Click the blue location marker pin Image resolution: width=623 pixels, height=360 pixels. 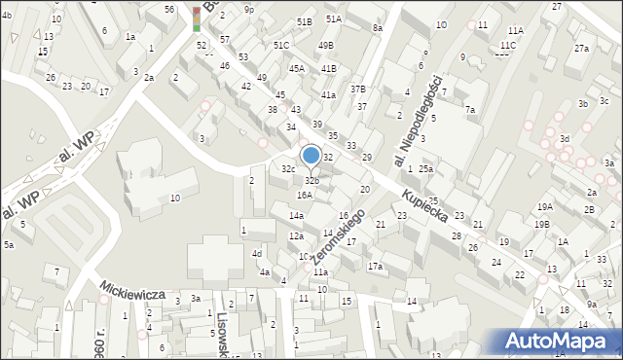(311, 157)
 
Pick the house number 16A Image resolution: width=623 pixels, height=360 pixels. (305, 195)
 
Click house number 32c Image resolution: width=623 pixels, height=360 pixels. (288, 169)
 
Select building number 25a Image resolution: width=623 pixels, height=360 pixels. (425, 169)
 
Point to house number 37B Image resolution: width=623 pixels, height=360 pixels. (358, 89)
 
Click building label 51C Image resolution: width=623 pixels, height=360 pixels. (281, 46)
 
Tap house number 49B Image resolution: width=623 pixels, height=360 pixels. (326, 45)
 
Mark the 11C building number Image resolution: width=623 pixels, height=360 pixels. (507, 46)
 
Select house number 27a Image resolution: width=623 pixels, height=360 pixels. (581, 49)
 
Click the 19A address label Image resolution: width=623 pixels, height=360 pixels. (544, 206)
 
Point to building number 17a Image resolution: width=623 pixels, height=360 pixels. (375, 266)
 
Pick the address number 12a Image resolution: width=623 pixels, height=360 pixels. (296, 236)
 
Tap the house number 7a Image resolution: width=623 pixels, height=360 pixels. (469, 110)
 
